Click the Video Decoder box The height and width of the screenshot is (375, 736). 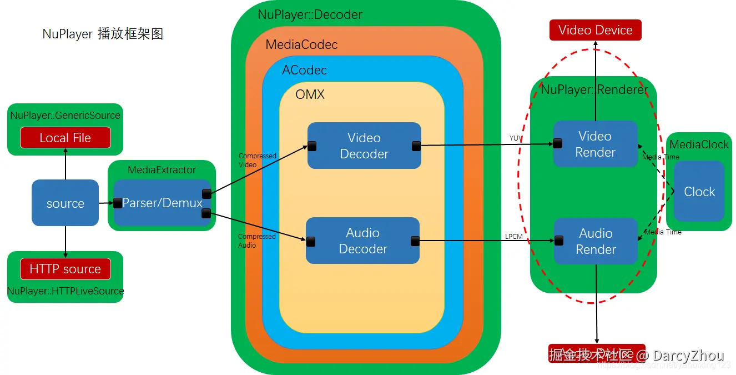364,146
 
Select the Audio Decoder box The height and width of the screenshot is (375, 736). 362,241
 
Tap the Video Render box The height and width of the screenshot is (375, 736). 595,144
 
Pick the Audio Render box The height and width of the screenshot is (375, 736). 596,241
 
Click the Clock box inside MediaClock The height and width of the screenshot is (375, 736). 699,192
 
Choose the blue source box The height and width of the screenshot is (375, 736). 65,203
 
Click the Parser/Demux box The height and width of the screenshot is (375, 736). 162,203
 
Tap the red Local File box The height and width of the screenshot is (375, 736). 65,138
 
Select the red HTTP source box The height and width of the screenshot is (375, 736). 65,269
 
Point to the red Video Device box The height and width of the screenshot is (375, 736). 595,30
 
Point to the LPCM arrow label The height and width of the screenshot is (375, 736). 513,236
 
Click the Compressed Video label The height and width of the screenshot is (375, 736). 257,160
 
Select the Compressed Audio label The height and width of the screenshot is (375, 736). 256,241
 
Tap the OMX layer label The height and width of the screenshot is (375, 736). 310,94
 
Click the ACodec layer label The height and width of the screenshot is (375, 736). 304,70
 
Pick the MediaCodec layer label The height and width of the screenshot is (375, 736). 301,44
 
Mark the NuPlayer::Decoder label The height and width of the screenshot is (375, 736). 310,14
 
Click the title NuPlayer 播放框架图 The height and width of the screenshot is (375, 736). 103,34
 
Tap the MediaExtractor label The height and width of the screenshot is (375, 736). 162,169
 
